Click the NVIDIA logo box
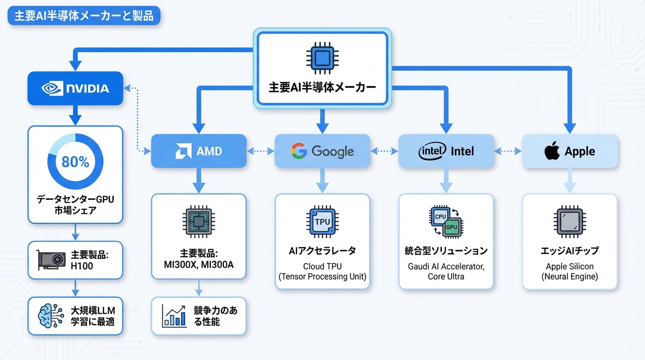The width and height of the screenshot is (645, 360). pyautogui.click(x=75, y=88)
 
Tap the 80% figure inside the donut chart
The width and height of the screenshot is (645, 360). pyautogui.click(x=75, y=162)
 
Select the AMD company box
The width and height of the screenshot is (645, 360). pyautogui.click(x=198, y=151)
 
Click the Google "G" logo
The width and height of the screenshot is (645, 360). pyautogui.click(x=298, y=151)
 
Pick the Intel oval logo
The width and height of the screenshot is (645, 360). pyautogui.click(x=432, y=151)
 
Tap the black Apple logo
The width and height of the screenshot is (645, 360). pyautogui.click(x=552, y=151)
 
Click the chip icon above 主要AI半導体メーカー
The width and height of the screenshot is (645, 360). pyautogui.click(x=322, y=59)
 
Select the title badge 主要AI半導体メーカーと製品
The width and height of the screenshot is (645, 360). pyautogui.click(x=84, y=15)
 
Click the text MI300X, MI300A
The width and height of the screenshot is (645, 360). pyautogui.click(x=198, y=265)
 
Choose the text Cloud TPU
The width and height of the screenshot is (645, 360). pyautogui.click(x=322, y=266)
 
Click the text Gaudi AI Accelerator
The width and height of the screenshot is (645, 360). pyautogui.click(x=446, y=266)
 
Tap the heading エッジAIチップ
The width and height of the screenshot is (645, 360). pyautogui.click(x=570, y=251)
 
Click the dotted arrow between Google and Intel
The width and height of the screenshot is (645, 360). pyautogui.click(x=384, y=151)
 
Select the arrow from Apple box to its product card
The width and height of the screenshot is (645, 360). pyautogui.click(x=570, y=180)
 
